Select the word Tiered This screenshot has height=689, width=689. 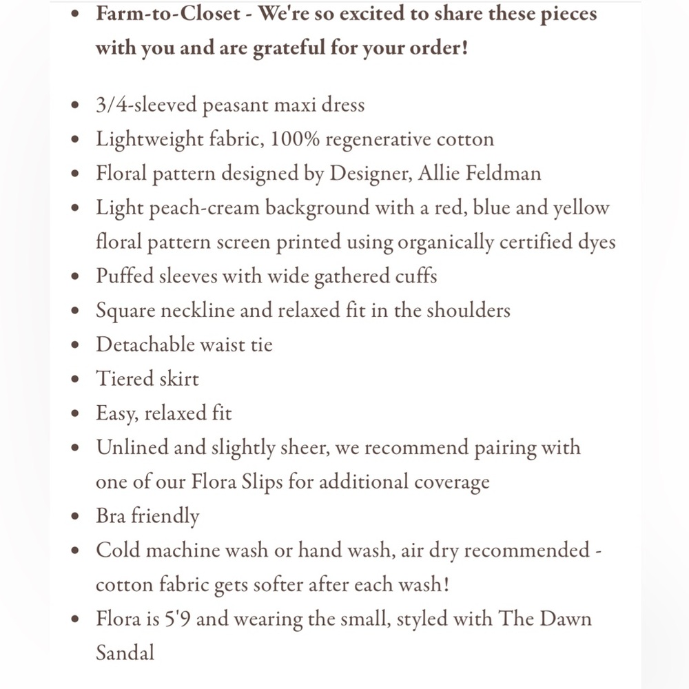tap(119, 379)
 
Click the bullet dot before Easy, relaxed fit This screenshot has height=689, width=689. tap(76, 414)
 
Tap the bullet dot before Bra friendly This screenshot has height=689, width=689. tap(76, 517)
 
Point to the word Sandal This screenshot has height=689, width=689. tap(125, 652)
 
